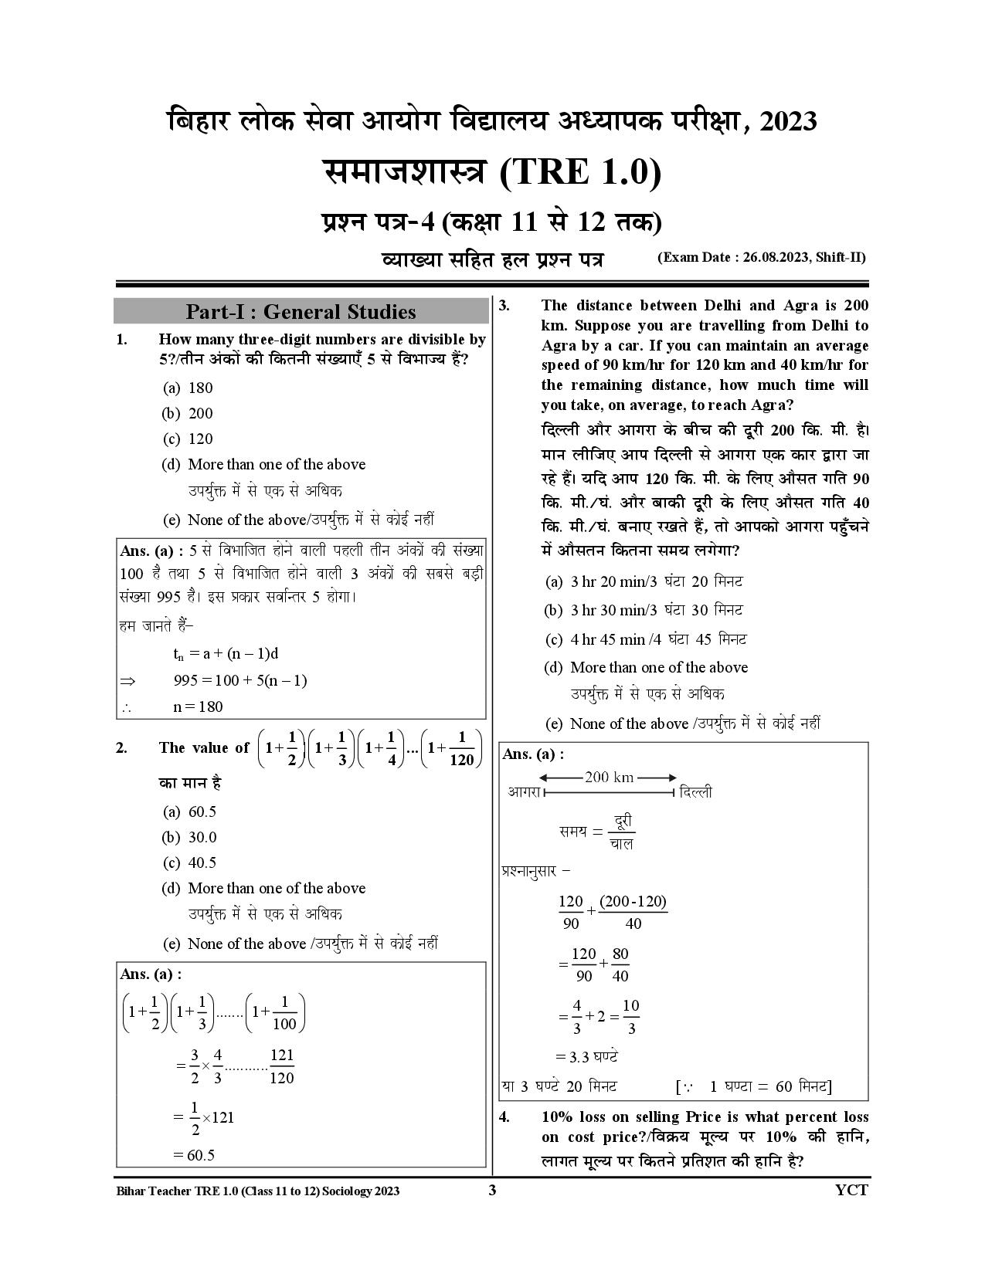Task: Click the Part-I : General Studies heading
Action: click(301, 312)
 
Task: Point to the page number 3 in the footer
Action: click(492, 1190)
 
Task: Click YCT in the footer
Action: click(851, 1190)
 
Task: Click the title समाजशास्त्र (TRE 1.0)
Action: click(492, 172)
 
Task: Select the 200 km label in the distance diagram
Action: click(609, 778)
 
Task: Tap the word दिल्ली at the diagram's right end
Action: click(696, 792)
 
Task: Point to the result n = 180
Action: click(199, 706)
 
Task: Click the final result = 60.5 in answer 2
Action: click(193, 1154)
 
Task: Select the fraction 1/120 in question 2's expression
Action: click(461, 749)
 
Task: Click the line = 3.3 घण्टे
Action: click(586, 1056)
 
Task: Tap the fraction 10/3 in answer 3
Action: click(630, 1017)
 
